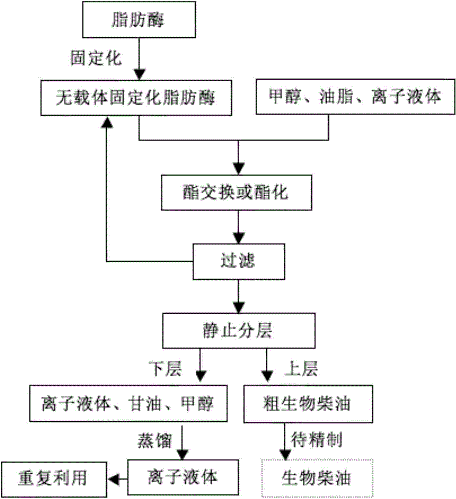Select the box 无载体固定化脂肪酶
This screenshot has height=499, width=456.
point(138,97)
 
